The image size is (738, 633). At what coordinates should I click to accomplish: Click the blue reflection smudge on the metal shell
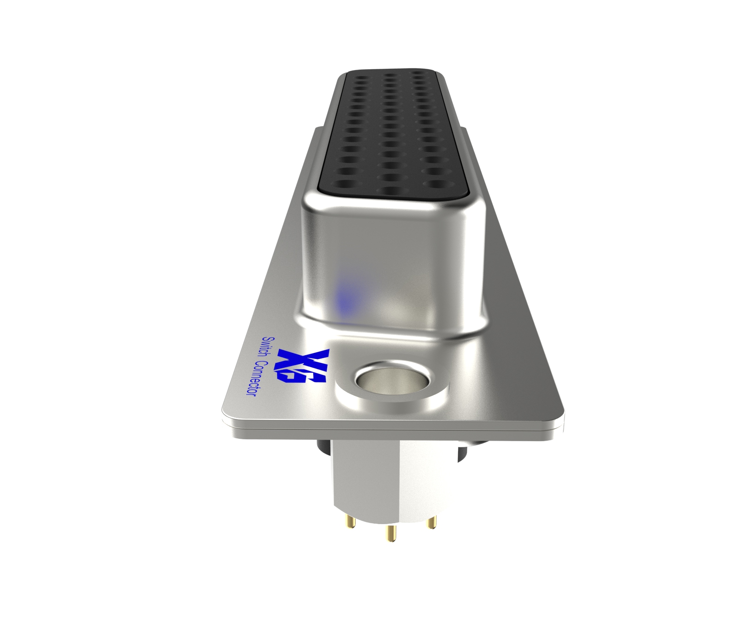tap(345, 295)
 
